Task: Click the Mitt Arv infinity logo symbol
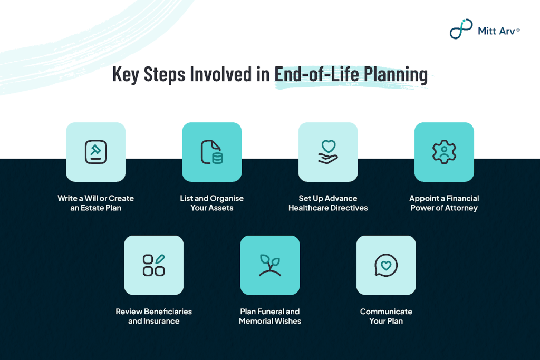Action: tap(461, 29)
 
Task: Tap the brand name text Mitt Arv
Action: tap(496, 31)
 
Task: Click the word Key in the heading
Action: tap(126, 74)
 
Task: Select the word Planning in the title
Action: tap(396, 74)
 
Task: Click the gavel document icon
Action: tap(96, 152)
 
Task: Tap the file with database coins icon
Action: tap(212, 152)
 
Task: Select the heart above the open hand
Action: tap(329, 146)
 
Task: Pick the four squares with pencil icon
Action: tap(153, 265)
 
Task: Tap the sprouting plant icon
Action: tap(270, 265)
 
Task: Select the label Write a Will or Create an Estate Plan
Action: tap(96, 203)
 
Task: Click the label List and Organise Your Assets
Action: tap(212, 203)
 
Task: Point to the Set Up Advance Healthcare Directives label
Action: tap(328, 203)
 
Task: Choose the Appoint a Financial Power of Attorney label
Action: tap(444, 203)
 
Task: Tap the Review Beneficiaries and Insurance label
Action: tap(153, 316)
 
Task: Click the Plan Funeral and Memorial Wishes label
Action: tap(270, 316)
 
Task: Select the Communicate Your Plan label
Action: tap(386, 316)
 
